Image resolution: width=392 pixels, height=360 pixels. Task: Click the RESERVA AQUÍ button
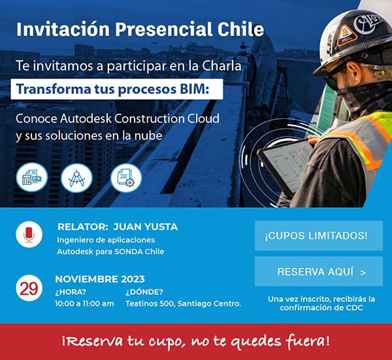(x=319, y=271)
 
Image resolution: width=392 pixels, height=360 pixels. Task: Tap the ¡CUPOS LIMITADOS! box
(x=319, y=235)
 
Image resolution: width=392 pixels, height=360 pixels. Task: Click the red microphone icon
(x=29, y=235)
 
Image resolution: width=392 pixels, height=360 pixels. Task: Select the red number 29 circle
(x=29, y=288)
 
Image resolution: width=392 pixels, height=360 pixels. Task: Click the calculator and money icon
(x=32, y=177)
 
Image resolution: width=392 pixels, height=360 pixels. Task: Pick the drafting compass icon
(x=76, y=178)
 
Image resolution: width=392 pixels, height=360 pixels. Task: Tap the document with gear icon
(x=126, y=178)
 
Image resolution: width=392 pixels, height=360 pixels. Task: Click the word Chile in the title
(x=240, y=29)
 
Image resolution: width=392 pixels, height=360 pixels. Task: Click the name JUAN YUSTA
(x=146, y=227)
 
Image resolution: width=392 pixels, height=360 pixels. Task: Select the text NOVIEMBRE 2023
(x=100, y=279)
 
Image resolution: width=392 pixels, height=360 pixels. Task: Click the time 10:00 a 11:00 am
(x=84, y=304)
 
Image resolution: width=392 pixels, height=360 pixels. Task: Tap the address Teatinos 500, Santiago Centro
(x=183, y=304)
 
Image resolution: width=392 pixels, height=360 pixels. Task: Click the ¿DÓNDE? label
(x=144, y=292)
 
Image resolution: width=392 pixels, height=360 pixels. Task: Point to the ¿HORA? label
(x=71, y=292)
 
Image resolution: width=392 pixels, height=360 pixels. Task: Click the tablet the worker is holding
(x=285, y=165)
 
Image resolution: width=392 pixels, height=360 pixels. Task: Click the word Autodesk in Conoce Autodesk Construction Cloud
(x=86, y=118)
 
